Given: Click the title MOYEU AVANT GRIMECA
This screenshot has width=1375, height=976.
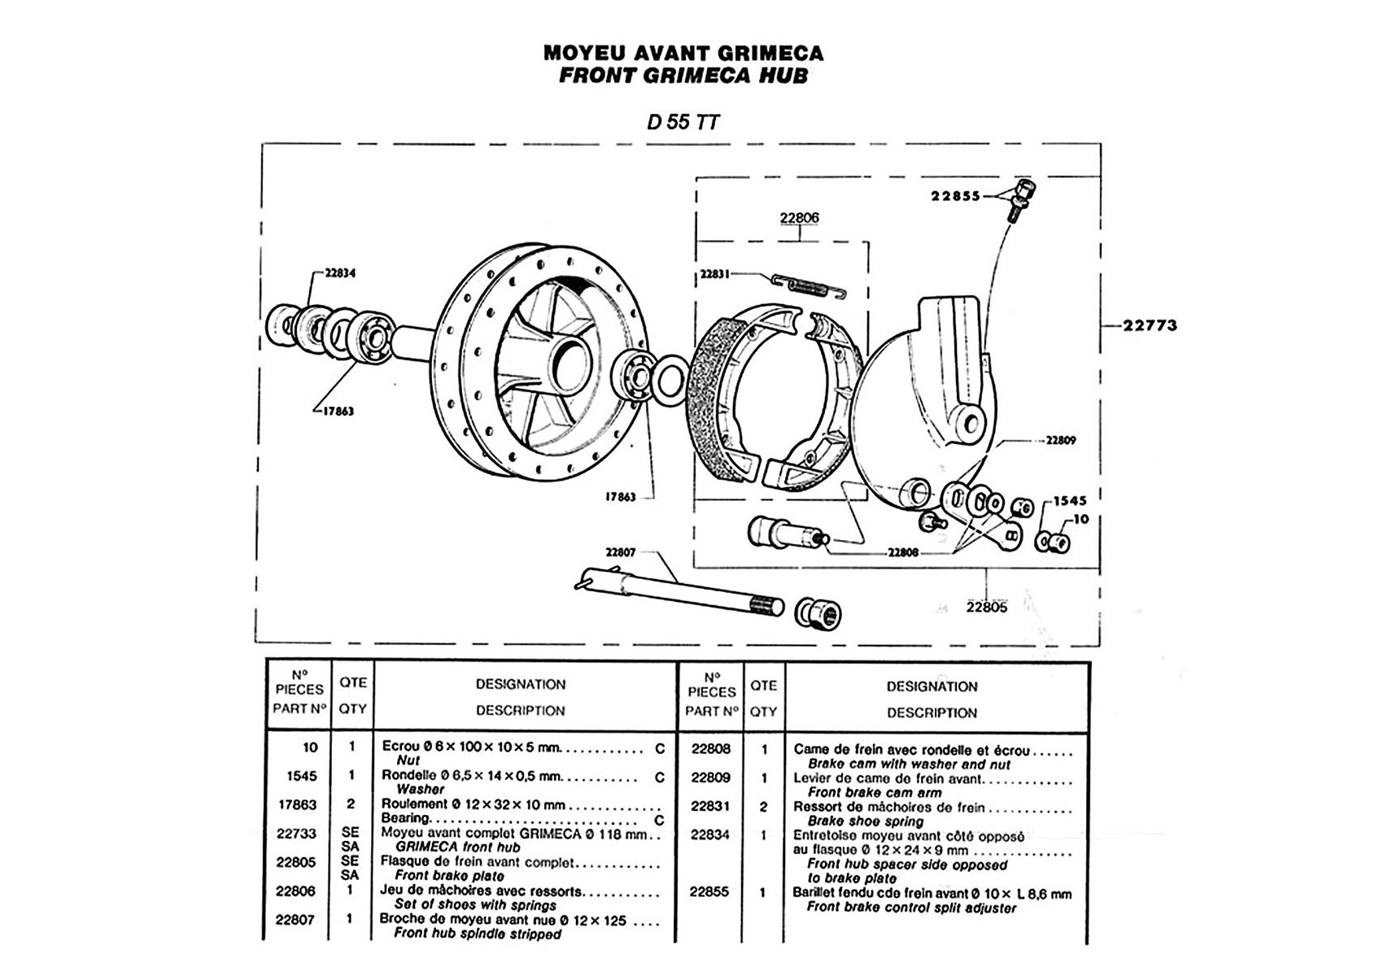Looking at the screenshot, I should [x=683, y=54].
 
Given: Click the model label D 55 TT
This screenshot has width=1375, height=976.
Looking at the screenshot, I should [x=683, y=122].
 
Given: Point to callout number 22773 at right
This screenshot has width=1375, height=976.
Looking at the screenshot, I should [x=1150, y=325].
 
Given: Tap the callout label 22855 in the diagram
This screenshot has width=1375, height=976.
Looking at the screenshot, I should [x=956, y=196].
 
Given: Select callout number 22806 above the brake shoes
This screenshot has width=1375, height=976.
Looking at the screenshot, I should [x=799, y=218].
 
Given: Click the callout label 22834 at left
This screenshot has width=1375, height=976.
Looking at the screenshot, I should [x=339, y=273].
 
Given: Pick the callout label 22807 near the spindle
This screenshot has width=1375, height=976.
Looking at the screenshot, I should [x=621, y=552].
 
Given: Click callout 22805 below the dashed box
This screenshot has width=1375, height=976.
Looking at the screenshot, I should [x=987, y=607].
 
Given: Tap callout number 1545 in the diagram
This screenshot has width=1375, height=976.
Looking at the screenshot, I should [x=1070, y=501].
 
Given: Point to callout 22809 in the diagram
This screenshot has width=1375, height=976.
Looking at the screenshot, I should [x=1060, y=440].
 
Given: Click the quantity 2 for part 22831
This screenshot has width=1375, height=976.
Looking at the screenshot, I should [x=763, y=807].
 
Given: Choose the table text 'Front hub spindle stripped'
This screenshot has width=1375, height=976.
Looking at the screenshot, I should [x=478, y=934].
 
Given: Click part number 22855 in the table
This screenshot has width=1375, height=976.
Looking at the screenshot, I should [x=710, y=891].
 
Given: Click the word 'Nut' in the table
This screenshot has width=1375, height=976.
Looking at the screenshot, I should [x=408, y=760].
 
